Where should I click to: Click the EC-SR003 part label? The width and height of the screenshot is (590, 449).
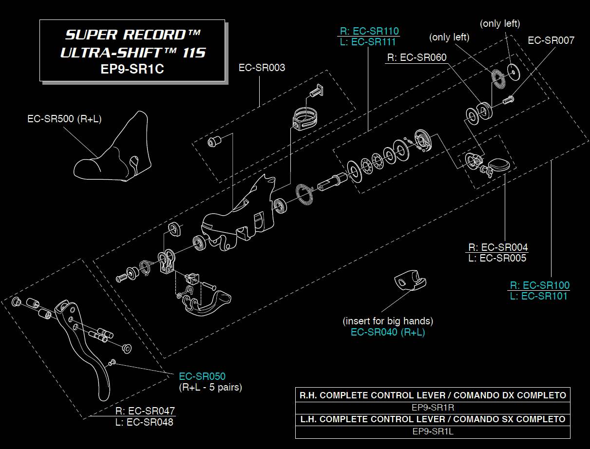tap(262, 68)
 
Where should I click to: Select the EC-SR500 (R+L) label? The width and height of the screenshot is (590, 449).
tap(64, 119)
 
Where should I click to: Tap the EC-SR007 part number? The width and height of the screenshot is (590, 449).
tap(551, 40)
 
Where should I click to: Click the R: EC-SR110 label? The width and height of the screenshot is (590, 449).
tap(369, 31)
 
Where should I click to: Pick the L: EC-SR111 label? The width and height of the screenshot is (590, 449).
tap(369, 42)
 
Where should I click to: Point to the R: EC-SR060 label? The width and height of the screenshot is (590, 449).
tap(417, 57)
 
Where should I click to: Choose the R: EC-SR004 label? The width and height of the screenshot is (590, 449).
tap(498, 247)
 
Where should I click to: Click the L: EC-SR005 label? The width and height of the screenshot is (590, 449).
tap(497, 258)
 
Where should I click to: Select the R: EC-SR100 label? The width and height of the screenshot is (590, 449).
tap(540, 285)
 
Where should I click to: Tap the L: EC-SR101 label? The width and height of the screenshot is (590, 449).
tap(540, 296)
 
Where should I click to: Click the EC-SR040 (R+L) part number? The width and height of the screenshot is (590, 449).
tap(388, 332)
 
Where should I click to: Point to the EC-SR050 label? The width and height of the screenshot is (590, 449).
tap(202, 376)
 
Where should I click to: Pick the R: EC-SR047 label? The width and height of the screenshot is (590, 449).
tap(145, 411)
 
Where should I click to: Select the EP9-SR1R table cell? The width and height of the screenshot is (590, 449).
tap(433, 407)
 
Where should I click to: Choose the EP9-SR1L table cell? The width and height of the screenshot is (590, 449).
tap(433, 431)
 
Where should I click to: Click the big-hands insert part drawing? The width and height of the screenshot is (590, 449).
tap(408, 281)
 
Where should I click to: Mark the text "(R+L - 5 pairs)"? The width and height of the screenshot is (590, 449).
tap(210, 388)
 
